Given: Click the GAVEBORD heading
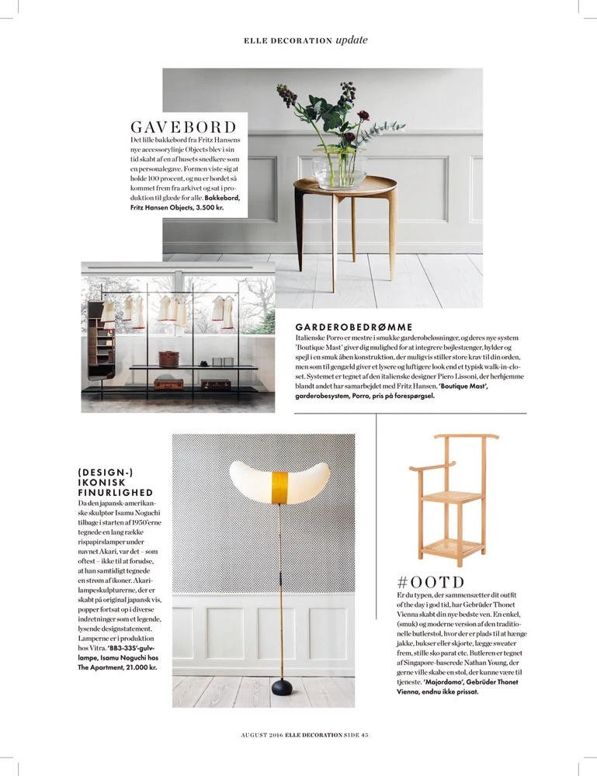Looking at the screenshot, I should pos(182,126).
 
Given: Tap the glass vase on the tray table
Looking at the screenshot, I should pos(339,170).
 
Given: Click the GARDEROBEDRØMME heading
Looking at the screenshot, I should pos(353,327).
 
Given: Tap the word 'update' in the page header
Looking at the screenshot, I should pos(351,40).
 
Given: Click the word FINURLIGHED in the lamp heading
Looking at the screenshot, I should pos(116,493).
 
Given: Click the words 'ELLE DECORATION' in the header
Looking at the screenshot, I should pos(288,41).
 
